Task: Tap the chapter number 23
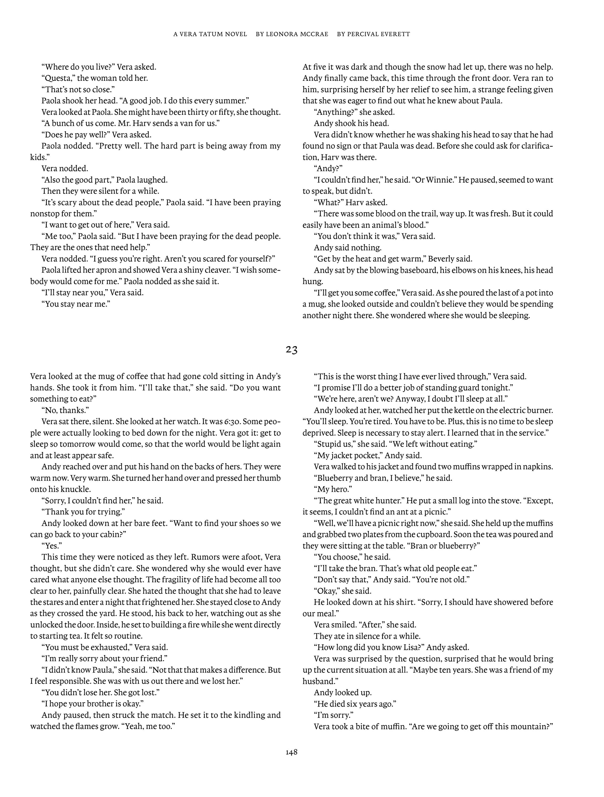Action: pyautogui.click(x=291, y=349)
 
